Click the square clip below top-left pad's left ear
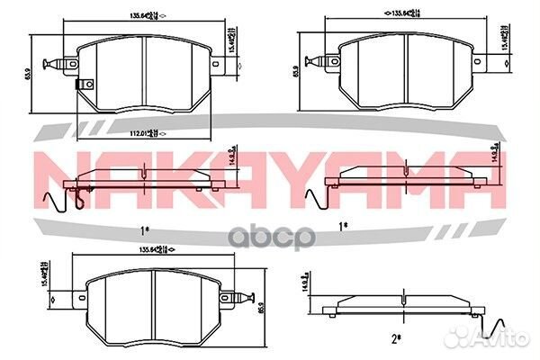pyautogui.click(x=85, y=85)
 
